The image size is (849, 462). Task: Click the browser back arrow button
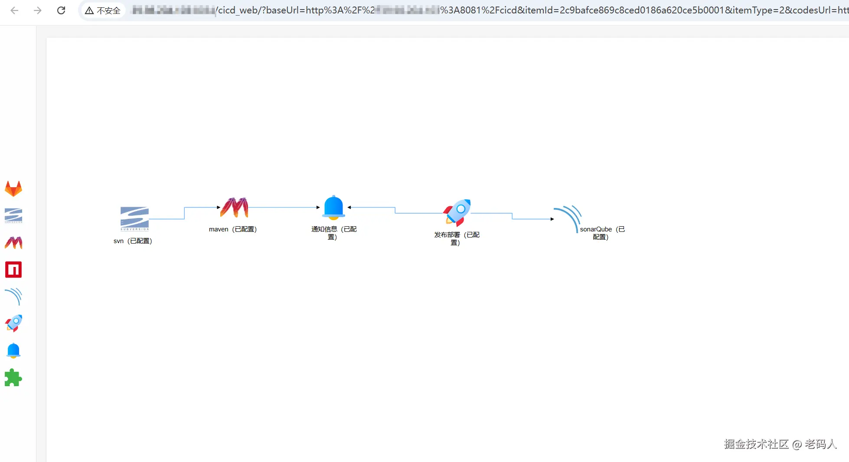[14, 10]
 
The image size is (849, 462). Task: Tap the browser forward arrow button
[38, 10]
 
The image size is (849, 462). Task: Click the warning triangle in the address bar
[89, 10]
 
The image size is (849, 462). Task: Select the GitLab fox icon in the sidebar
[13, 189]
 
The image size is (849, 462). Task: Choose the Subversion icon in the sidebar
[13, 215]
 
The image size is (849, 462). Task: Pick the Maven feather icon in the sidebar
[13, 243]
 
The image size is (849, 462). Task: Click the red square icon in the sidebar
[13, 270]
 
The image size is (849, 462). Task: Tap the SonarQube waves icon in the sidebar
[13, 297]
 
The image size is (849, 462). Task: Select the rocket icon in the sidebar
[13, 323]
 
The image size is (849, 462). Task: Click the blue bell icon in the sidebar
[13, 350]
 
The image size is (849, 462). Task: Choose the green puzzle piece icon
[13, 377]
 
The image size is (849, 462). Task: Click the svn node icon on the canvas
[134, 219]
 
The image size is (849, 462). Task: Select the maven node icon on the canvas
[234, 207]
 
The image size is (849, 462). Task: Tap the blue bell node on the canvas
[333, 207]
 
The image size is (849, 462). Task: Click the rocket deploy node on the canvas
[457, 212]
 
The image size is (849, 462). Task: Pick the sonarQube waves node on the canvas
[568, 218]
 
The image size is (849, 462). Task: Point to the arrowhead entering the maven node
[219, 208]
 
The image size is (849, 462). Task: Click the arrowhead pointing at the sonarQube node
[552, 219]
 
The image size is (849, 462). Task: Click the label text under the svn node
[133, 241]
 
